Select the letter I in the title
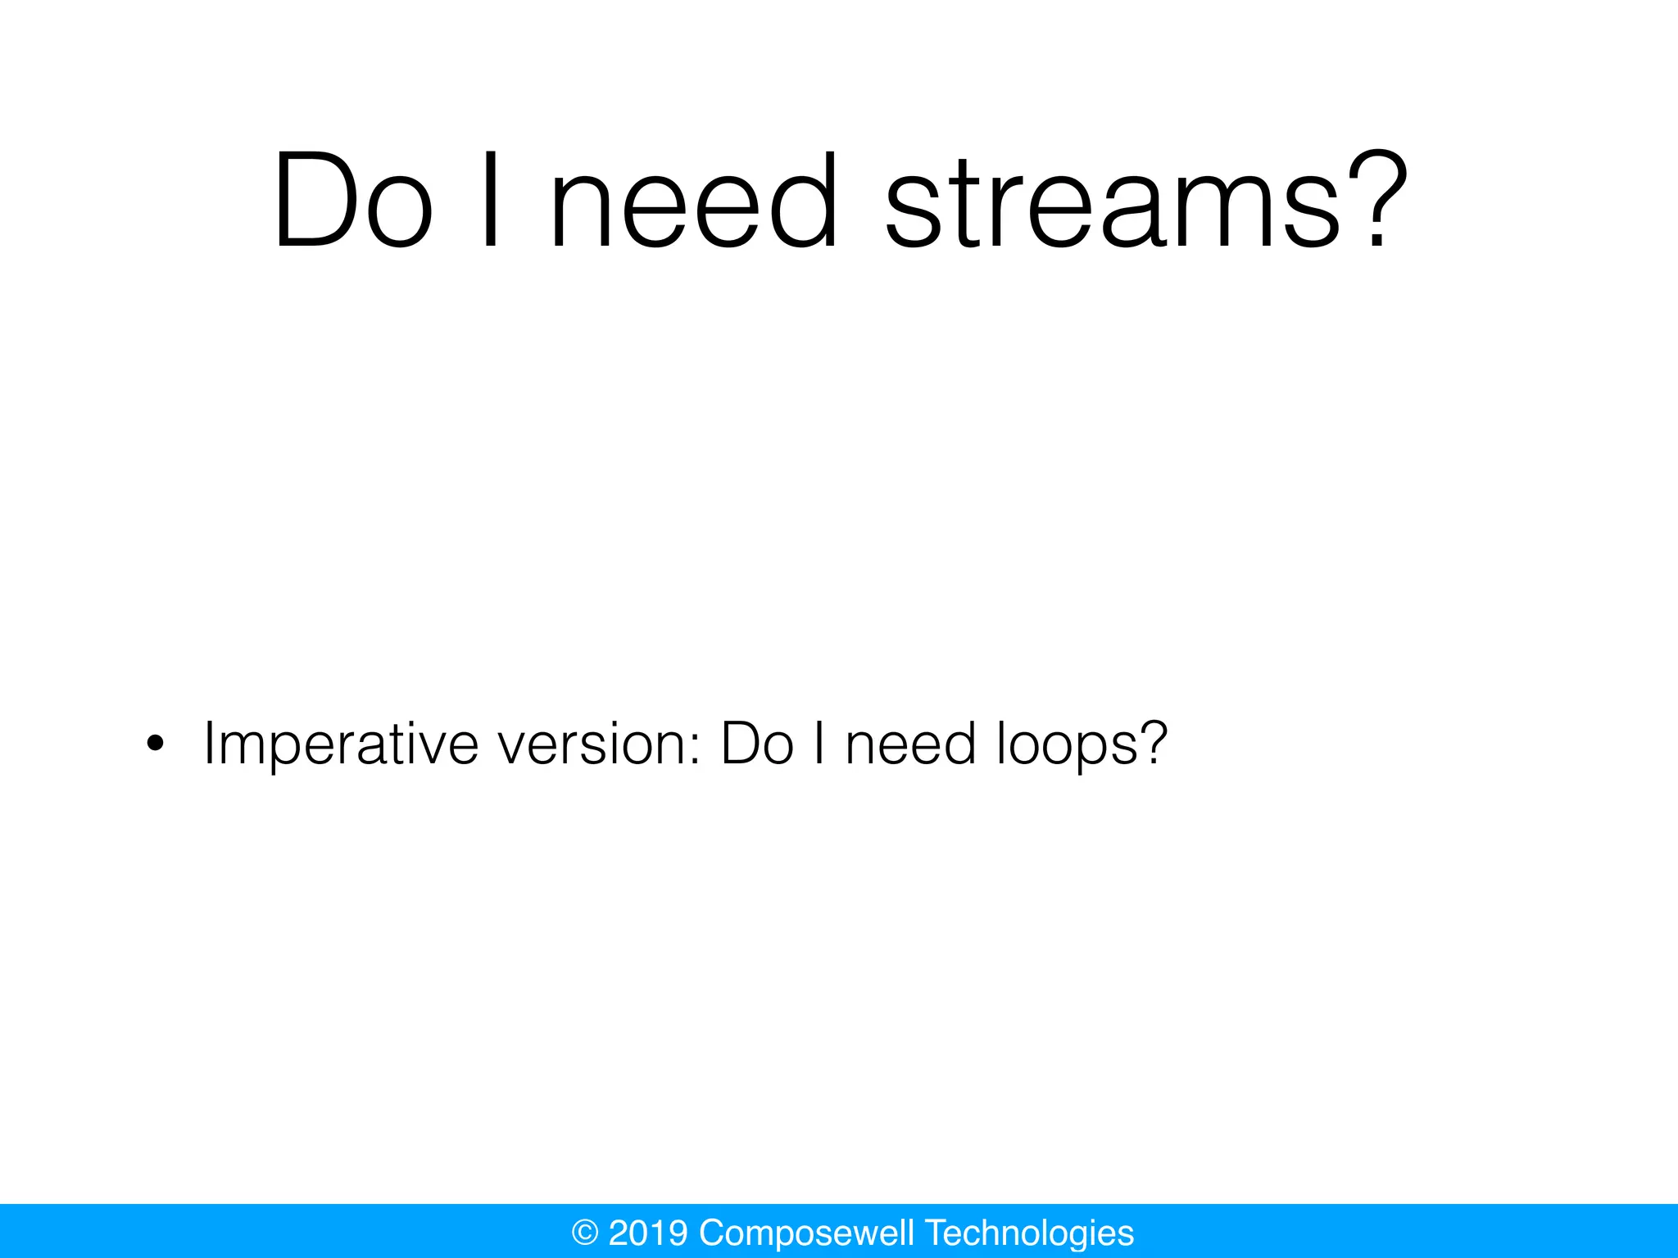pos(491,201)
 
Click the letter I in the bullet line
pos(819,744)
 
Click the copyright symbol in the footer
pos(584,1233)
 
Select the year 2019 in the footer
pos(647,1233)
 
